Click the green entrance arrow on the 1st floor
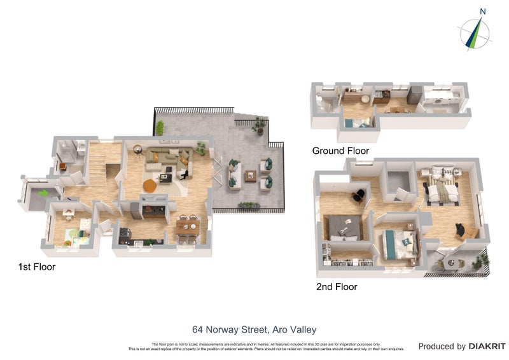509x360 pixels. tap(41, 193)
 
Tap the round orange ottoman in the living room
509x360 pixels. tap(149, 185)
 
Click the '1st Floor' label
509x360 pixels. tap(36, 267)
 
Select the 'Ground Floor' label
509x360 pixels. tap(340, 151)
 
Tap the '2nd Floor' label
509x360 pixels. tap(337, 287)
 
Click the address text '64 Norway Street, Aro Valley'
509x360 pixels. tap(254, 329)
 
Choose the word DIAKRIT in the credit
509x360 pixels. tap(487, 347)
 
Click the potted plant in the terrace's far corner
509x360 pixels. tap(259, 126)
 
